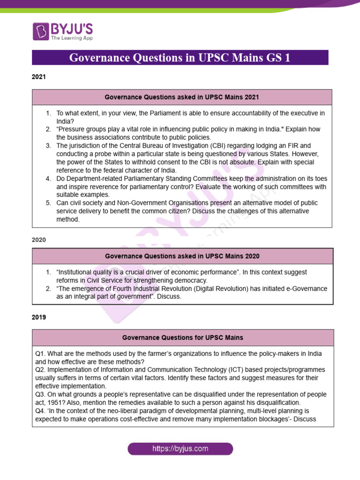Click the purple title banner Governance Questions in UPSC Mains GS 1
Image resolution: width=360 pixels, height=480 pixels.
tap(180, 58)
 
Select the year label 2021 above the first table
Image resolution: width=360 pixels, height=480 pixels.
tap(39, 77)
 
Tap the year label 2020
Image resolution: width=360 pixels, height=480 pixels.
tap(39, 240)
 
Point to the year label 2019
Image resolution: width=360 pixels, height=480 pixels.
tap(39, 317)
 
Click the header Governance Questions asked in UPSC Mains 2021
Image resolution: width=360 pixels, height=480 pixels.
tap(182, 97)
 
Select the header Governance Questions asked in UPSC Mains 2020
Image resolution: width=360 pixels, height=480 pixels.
tap(182, 256)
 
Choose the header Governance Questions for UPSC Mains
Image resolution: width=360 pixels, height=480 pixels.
tap(183, 337)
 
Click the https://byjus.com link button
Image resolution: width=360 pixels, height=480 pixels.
tap(180, 449)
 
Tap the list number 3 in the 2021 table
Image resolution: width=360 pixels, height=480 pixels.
tap(48, 146)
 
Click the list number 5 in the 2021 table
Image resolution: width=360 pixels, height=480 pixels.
tap(48, 203)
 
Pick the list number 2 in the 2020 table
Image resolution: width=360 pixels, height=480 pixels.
tap(48, 288)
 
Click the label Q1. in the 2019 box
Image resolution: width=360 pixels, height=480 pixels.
tap(41, 353)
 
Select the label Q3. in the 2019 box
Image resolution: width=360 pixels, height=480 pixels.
tap(41, 395)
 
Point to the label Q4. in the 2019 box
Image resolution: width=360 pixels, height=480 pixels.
tap(41, 411)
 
